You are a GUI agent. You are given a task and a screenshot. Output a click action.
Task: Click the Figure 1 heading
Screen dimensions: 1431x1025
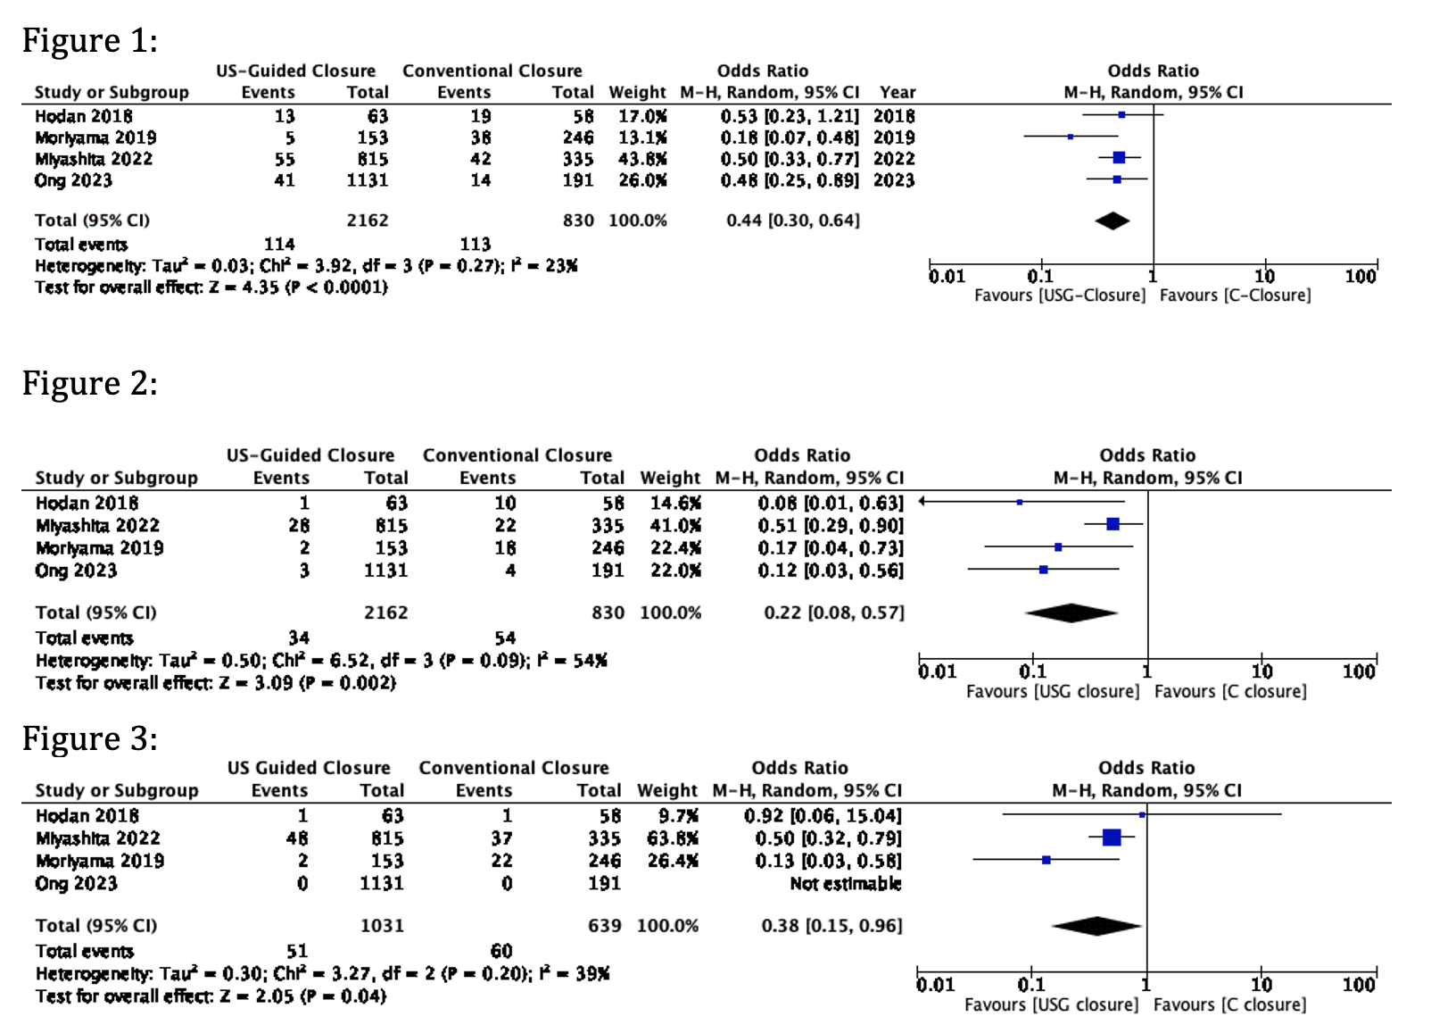point(90,40)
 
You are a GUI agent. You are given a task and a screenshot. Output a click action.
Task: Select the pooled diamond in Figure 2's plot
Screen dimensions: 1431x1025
point(1071,612)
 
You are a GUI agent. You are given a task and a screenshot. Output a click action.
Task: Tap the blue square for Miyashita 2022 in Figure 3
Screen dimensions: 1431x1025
point(1112,837)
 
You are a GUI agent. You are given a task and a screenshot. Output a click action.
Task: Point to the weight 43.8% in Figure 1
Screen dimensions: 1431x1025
point(642,159)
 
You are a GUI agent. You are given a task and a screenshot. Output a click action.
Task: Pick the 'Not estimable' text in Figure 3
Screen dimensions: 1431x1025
point(846,883)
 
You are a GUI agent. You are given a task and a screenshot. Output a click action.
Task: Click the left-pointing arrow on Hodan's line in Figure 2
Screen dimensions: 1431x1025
point(922,501)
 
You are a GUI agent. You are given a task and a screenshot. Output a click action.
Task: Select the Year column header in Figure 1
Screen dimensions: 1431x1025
point(897,92)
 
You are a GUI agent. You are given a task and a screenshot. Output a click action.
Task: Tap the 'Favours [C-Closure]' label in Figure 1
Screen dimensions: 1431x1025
point(1235,296)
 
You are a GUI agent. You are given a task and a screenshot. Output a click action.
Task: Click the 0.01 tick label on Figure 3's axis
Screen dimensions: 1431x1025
point(935,984)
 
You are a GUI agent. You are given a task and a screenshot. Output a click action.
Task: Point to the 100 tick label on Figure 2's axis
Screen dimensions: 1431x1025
point(1359,671)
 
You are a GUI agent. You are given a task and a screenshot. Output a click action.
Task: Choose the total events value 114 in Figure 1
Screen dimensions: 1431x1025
point(279,245)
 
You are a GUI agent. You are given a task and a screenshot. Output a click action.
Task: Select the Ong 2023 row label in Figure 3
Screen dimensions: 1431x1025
point(76,883)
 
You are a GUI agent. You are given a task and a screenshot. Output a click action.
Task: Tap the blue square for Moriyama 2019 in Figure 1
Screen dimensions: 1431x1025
point(1071,137)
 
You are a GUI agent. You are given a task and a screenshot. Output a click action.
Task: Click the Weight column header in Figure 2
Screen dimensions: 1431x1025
point(670,478)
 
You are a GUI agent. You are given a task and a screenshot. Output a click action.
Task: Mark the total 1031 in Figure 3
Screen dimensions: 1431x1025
point(382,925)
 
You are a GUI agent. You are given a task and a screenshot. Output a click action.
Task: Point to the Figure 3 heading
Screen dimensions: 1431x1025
point(90,738)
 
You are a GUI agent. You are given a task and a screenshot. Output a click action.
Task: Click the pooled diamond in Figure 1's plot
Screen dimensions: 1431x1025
point(1113,221)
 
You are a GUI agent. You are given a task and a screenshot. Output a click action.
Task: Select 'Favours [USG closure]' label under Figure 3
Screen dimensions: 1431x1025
point(1052,1004)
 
